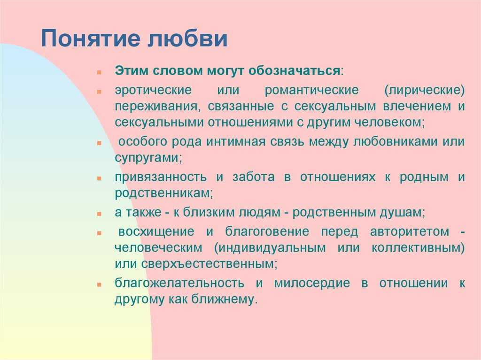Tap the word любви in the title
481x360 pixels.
point(187,38)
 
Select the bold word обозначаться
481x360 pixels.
point(294,71)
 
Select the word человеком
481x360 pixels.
point(389,123)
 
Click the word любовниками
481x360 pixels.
point(395,142)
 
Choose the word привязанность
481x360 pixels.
point(161,177)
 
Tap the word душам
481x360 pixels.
point(402,213)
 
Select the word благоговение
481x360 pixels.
point(267,232)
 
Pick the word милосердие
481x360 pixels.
point(312,283)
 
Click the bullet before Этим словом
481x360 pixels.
point(99,73)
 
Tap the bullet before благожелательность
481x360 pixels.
point(99,285)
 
